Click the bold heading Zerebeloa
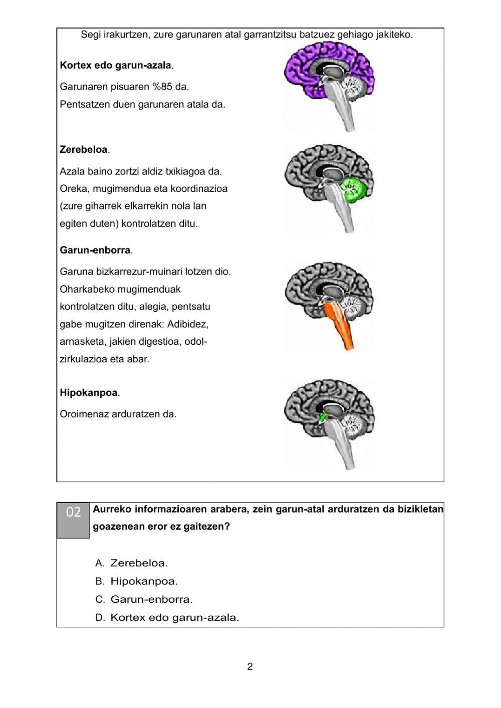click(x=84, y=149)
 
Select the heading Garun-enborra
click(x=95, y=250)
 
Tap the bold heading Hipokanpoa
click(x=89, y=393)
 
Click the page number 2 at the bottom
click(x=250, y=666)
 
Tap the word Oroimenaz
click(x=83, y=414)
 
